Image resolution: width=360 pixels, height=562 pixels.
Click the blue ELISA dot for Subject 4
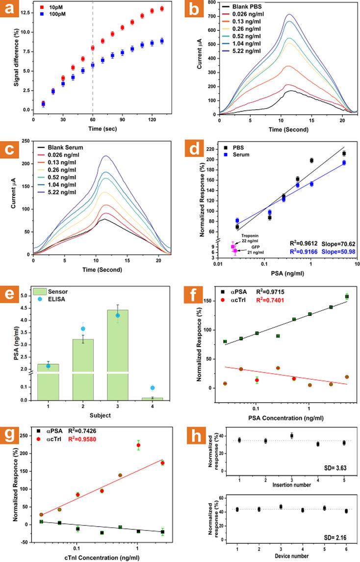pos(153,388)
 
